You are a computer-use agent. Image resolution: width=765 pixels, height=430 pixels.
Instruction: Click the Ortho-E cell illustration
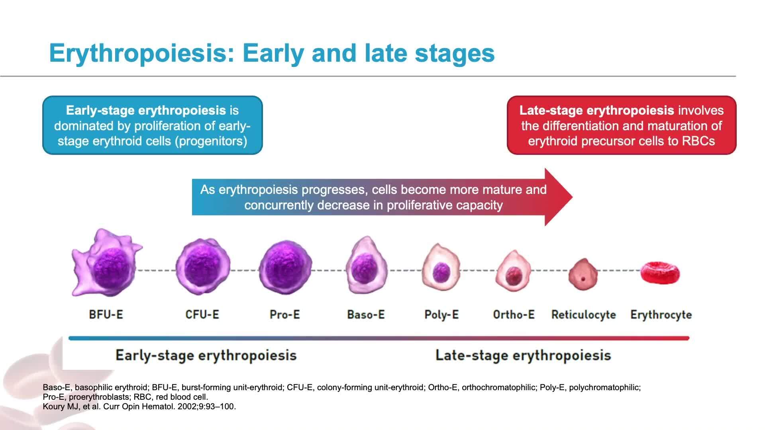(514, 271)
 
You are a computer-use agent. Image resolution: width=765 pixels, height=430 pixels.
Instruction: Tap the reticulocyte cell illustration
(583, 275)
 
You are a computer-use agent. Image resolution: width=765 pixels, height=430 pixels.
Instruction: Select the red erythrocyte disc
(660, 274)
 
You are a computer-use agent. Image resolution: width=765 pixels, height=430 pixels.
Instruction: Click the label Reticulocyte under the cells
(583, 315)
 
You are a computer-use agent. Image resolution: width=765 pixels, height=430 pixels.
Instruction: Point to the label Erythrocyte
(661, 315)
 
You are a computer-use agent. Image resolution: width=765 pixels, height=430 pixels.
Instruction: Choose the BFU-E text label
(106, 315)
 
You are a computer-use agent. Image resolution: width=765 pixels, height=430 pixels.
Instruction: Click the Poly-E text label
(441, 315)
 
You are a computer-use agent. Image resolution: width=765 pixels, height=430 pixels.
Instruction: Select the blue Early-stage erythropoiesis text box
(153, 125)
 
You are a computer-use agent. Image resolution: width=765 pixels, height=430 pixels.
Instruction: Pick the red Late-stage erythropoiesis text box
(622, 125)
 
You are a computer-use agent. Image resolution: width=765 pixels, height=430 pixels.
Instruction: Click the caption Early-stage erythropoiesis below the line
(206, 355)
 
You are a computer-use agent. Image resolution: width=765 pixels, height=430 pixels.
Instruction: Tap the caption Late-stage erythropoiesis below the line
(523, 355)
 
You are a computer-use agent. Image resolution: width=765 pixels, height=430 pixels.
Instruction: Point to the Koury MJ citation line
(139, 407)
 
